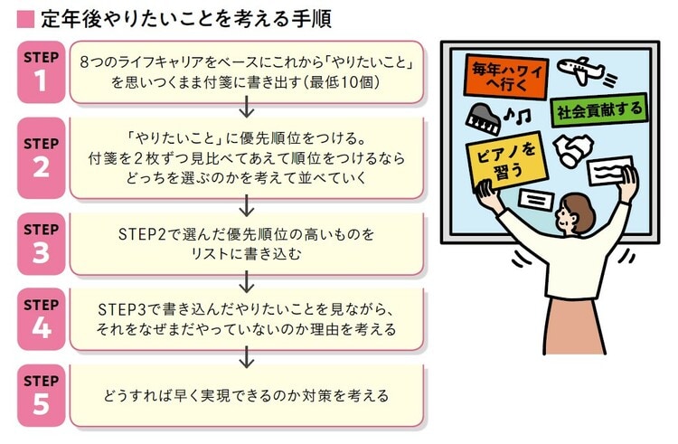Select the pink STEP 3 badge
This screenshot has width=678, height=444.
pos(41,243)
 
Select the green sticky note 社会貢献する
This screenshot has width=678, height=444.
pos(598,111)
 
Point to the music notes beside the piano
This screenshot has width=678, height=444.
pos(519,114)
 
